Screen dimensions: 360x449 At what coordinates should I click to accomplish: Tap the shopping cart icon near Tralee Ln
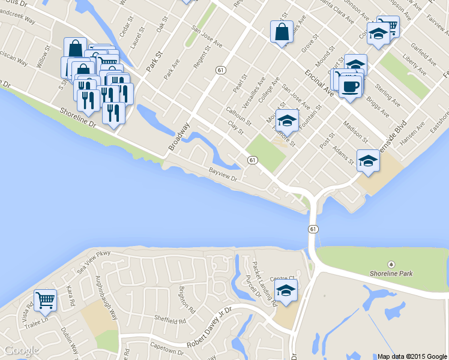point(45,299)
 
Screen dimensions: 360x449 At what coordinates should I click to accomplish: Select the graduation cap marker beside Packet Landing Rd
point(286,291)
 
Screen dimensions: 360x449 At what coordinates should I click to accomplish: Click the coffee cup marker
point(350,86)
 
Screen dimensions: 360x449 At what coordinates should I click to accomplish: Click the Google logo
point(21,350)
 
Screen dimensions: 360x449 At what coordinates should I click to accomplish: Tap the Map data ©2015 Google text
point(412,356)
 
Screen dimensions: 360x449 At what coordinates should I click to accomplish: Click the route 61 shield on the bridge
point(313,229)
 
